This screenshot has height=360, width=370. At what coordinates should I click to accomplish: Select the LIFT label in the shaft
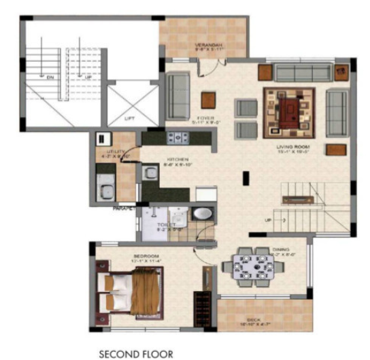tap(129, 118)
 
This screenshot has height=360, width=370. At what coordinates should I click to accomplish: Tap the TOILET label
tap(167, 224)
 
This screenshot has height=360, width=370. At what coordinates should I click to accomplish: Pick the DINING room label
tap(280, 249)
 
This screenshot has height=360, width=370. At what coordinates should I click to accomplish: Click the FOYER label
tap(205, 118)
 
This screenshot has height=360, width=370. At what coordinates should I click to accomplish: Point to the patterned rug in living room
tap(288, 112)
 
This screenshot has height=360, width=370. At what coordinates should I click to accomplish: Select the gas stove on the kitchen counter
tap(178, 137)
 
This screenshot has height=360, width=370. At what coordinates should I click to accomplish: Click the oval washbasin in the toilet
tap(202, 214)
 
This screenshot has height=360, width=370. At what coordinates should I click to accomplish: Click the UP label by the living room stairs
tap(267, 220)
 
